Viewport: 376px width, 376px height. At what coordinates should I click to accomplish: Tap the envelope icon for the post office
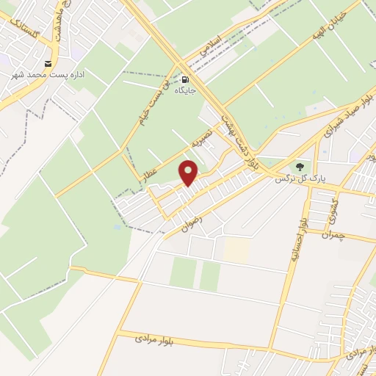48,64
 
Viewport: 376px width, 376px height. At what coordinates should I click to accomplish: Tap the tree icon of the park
300,167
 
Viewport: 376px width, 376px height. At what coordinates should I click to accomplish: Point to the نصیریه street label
202,137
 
